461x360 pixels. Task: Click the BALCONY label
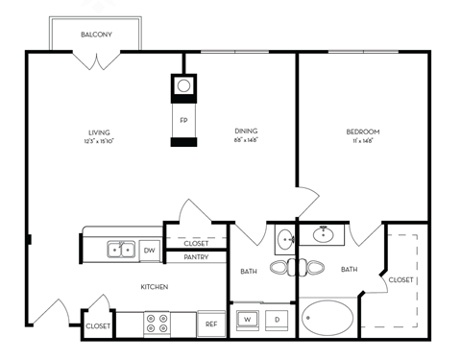point(96,36)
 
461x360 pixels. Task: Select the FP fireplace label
point(183,120)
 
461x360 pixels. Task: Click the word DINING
point(246,132)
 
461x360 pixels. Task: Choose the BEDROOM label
point(363,132)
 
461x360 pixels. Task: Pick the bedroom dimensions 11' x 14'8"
point(363,141)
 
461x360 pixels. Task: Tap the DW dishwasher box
point(149,251)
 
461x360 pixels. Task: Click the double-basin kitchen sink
point(121,250)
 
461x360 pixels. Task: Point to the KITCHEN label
point(156,287)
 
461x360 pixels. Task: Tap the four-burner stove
point(158,324)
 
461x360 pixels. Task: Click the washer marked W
point(246,318)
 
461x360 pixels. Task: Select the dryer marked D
point(277,318)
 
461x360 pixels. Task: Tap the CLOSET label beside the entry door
point(98,326)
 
